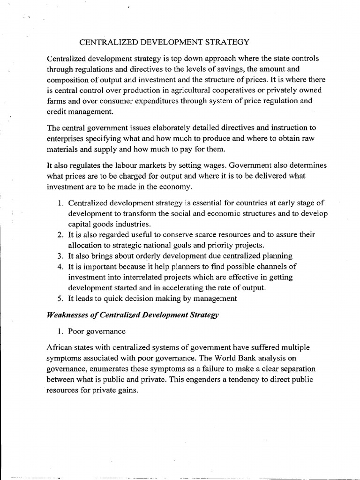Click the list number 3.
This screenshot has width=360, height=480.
(60, 256)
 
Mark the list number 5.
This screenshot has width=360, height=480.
(60, 298)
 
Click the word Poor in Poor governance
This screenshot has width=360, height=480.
(76, 331)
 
